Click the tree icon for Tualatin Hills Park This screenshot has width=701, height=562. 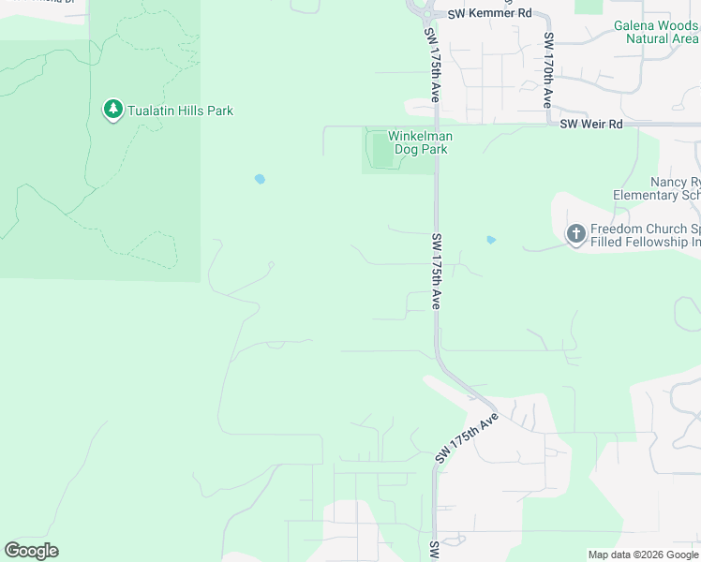(113, 111)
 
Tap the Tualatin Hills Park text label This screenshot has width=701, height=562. (181, 111)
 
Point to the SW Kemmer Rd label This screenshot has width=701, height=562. (488, 13)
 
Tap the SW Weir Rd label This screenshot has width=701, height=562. (591, 124)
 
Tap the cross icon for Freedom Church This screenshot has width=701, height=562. (575, 234)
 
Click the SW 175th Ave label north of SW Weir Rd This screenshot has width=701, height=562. (433, 66)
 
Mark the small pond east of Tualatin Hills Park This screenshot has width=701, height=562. (260, 178)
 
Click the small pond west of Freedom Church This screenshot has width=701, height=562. (490, 241)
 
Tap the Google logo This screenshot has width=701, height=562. (31, 551)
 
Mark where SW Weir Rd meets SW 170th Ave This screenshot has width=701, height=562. (548, 124)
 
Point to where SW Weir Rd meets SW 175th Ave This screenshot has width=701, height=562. (436, 124)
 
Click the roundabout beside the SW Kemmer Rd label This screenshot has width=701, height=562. (423, 13)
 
